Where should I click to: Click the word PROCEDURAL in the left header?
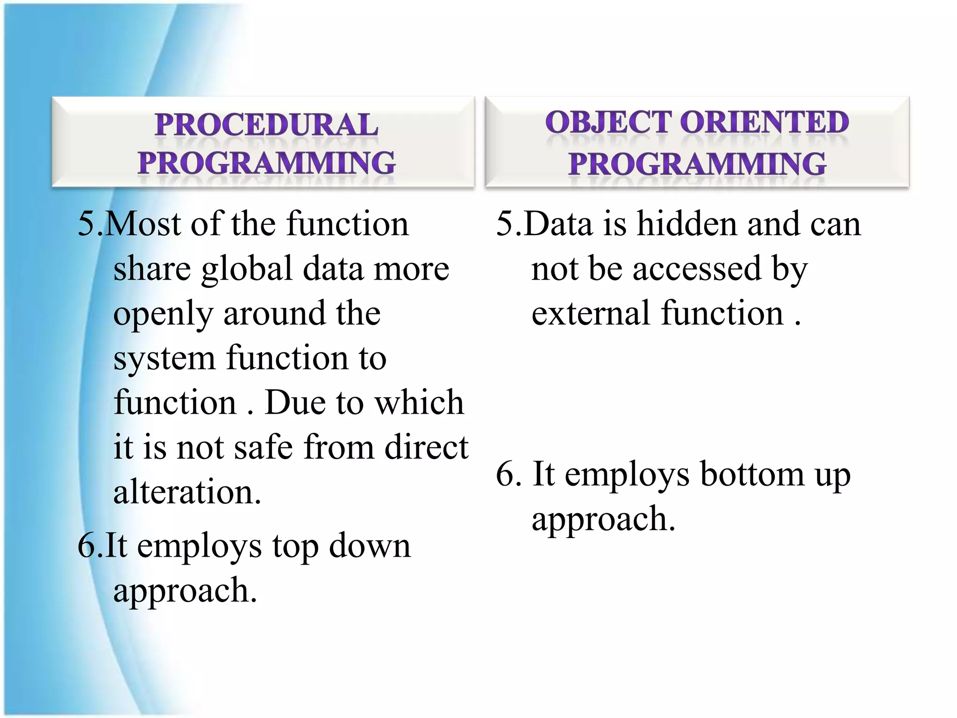coord(266,125)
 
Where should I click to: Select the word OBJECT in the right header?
coord(608,122)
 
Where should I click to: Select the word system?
coord(164,359)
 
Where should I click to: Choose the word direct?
coord(426,447)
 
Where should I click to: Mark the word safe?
coord(264,447)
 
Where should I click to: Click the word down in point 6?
coord(370,546)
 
